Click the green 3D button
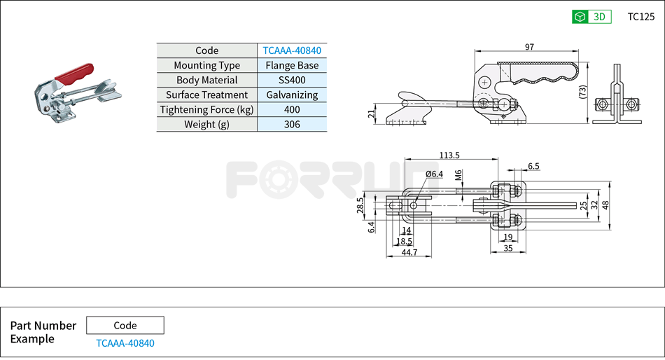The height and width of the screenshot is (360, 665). point(591,17)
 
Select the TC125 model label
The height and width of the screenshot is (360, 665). point(640,17)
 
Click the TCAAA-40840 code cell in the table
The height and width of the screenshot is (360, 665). point(292,50)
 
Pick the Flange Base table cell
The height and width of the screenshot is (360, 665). point(292,65)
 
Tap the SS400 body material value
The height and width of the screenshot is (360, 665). point(292,80)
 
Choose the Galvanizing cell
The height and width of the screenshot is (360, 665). point(292,95)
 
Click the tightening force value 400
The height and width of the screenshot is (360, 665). point(292,109)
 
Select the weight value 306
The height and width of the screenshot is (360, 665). point(292,124)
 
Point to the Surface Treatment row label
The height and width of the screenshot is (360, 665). point(206,95)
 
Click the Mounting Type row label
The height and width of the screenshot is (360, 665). point(206,65)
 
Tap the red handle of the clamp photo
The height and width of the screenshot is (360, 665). point(74,72)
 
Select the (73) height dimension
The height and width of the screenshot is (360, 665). point(582,92)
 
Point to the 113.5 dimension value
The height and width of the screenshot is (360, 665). point(449,155)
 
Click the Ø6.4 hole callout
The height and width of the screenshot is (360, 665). point(434,174)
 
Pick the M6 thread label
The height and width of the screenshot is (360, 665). point(458,176)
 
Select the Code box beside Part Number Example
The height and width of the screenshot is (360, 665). point(125,325)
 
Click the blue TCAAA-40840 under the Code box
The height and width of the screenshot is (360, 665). point(125,343)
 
